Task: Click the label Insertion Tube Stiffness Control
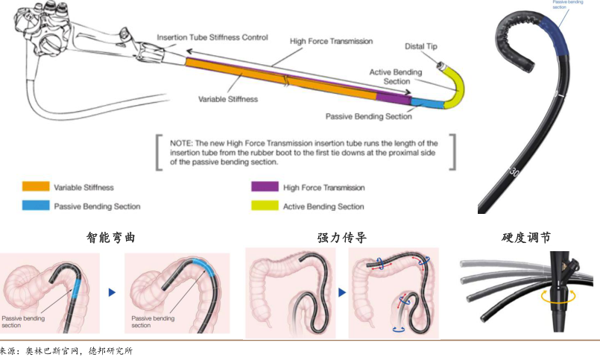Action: click(x=212, y=37)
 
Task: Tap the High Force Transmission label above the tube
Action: click(x=331, y=41)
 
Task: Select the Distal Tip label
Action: click(x=421, y=47)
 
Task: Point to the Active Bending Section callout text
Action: click(x=396, y=77)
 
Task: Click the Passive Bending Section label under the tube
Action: click(x=368, y=117)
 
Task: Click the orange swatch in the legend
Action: click(x=36, y=187)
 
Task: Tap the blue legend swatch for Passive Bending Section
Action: click(x=36, y=206)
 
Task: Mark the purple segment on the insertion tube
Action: click(x=394, y=97)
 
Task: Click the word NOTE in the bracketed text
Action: click(x=182, y=142)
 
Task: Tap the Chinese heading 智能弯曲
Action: click(x=111, y=239)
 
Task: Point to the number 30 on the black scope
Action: click(x=514, y=171)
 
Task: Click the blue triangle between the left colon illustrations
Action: click(x=113, y=293)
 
